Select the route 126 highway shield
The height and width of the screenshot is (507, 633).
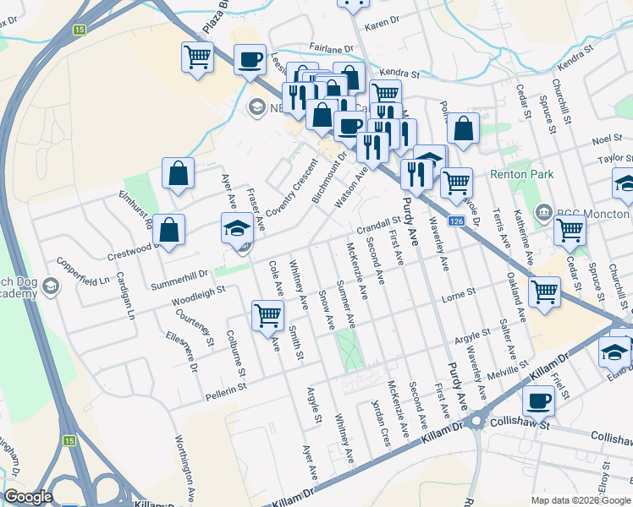[456, 221]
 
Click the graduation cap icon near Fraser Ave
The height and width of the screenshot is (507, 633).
[237, 226]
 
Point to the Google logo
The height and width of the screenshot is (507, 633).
[29, 497]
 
